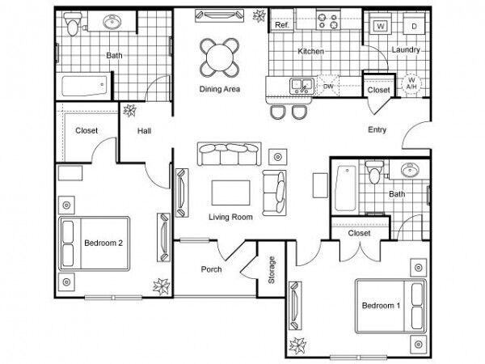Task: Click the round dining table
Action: (x=220, y=57)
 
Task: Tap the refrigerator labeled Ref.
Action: (x=282, y=21)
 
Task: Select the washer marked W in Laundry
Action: (x=381, y=25)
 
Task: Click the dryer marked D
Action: (x=414, y=25)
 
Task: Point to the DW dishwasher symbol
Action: (x=328, y=86)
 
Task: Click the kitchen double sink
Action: (x=302, y=86)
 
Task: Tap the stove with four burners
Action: (x=328, y=20)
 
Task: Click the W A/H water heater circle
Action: (x=411, y=83)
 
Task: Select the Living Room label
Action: (x=230, y=217)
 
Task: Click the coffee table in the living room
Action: (x=230, y=193)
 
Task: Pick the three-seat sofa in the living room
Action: (x=230, y=154)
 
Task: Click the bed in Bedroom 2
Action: (x=94, y=243)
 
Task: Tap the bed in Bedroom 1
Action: (x=391, y=306)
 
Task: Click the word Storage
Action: (x=272, y=270)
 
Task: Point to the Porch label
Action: (x=211, y=269)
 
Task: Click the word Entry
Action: (x=377, y=129)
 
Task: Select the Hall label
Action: (x=144, y=131)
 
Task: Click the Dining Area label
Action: (x=220, y=89)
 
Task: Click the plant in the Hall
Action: (x=130, y=111)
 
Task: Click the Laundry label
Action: (x=406, y=49)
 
